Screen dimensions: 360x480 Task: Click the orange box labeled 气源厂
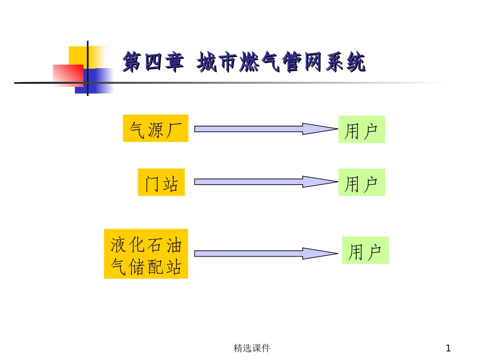[x=156, y=128]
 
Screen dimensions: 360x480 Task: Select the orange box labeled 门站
[x=161, y=182]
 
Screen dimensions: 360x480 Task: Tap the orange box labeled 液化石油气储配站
[x=146, y=254]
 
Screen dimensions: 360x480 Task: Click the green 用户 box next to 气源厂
[x=361, y=129]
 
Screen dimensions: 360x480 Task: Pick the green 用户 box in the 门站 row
[x=361, y=182]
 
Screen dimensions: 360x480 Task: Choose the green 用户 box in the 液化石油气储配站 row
[x=365, y=250]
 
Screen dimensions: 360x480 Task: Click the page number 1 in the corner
[x=448, y=348]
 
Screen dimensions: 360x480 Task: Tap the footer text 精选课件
[x=252, y=348]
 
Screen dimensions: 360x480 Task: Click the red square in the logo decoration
[x=68, y=75]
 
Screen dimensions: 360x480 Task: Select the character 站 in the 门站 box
[x=171, y=182]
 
